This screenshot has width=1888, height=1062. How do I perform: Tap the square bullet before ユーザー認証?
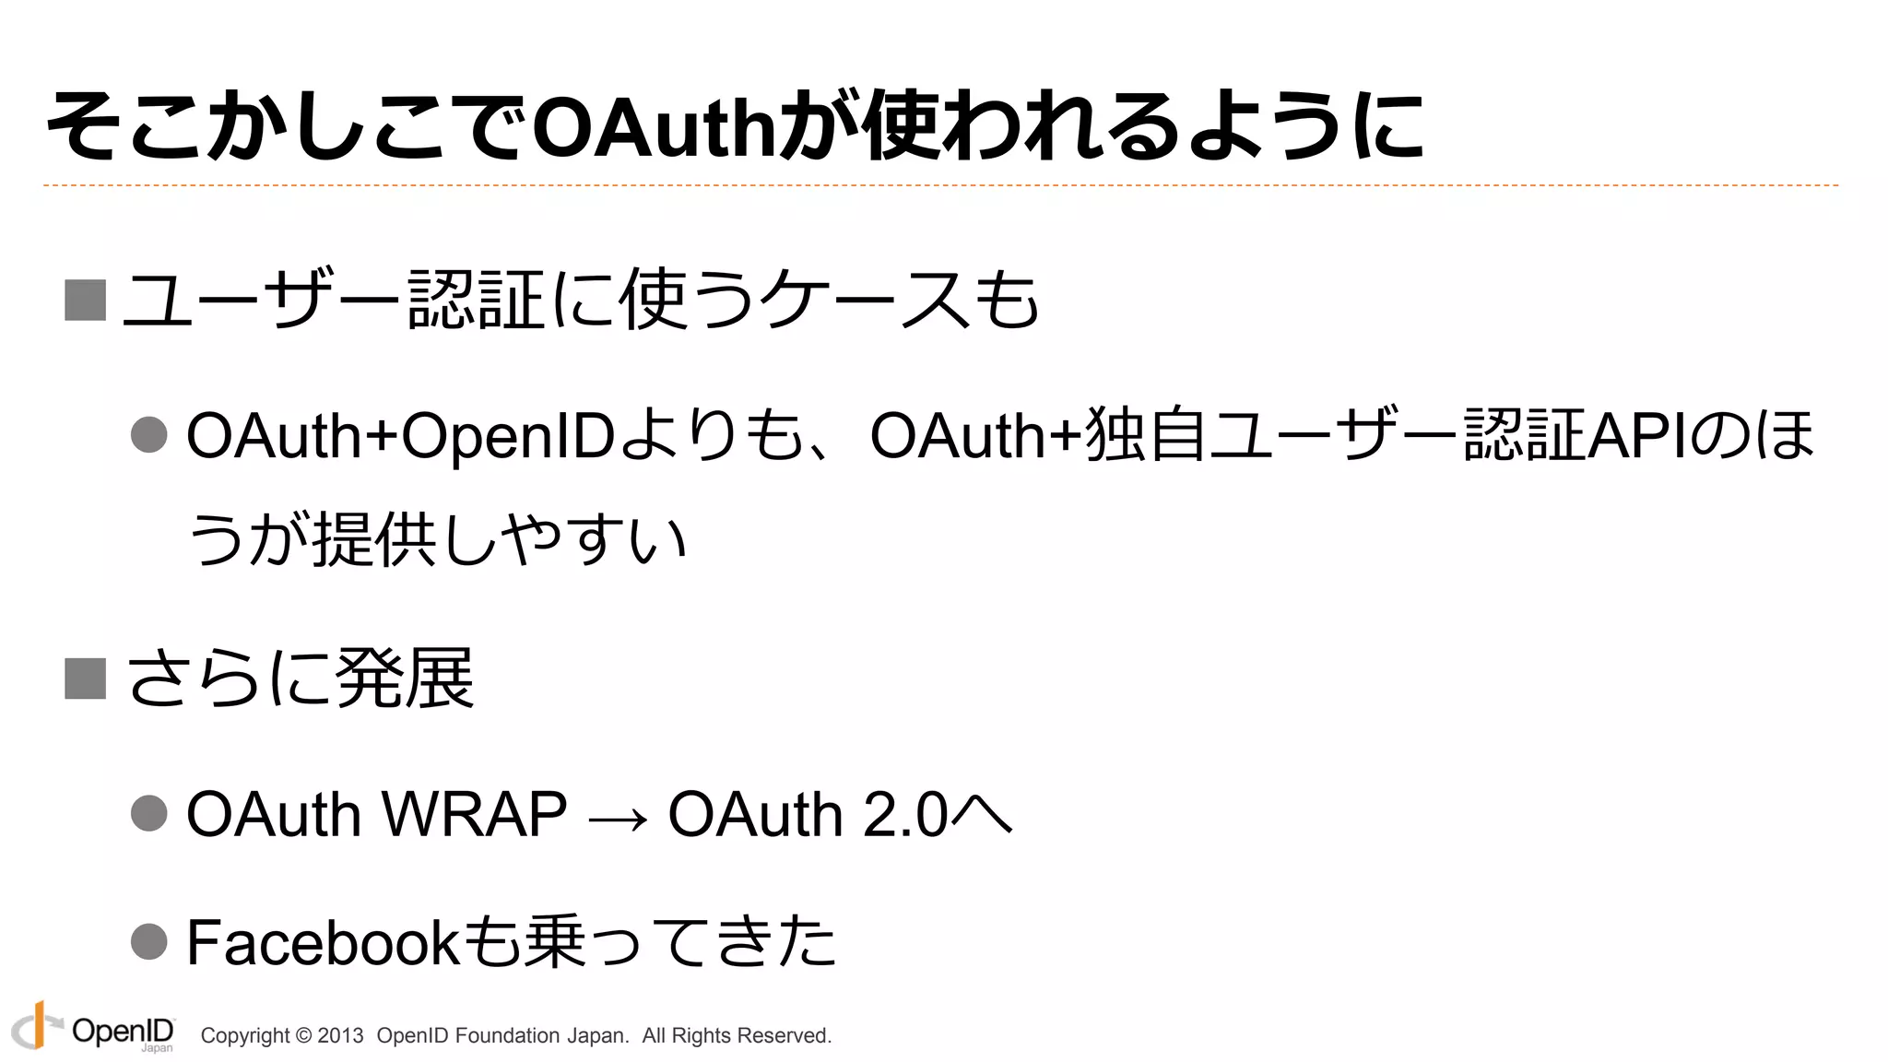coord(85,301)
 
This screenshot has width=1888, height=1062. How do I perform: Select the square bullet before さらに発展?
coord(85,678)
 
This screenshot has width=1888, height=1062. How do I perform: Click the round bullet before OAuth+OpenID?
coord(149,434)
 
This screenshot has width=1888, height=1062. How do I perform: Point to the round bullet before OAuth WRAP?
coord(149,813)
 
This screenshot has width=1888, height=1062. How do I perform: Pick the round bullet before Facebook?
coord(149,941)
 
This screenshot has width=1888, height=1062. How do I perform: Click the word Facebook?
coord(322,942)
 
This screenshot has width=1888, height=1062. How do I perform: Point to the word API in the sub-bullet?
coord(1638,435)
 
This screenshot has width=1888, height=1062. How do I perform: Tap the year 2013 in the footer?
coord(340,1036)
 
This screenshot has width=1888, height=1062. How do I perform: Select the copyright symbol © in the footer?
coord(303,1036)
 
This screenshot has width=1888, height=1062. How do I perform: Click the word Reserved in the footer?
coord(786,1036)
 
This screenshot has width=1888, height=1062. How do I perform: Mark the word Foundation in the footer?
coord(507,1036)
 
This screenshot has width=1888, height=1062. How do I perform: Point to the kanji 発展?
coord(406,678)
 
